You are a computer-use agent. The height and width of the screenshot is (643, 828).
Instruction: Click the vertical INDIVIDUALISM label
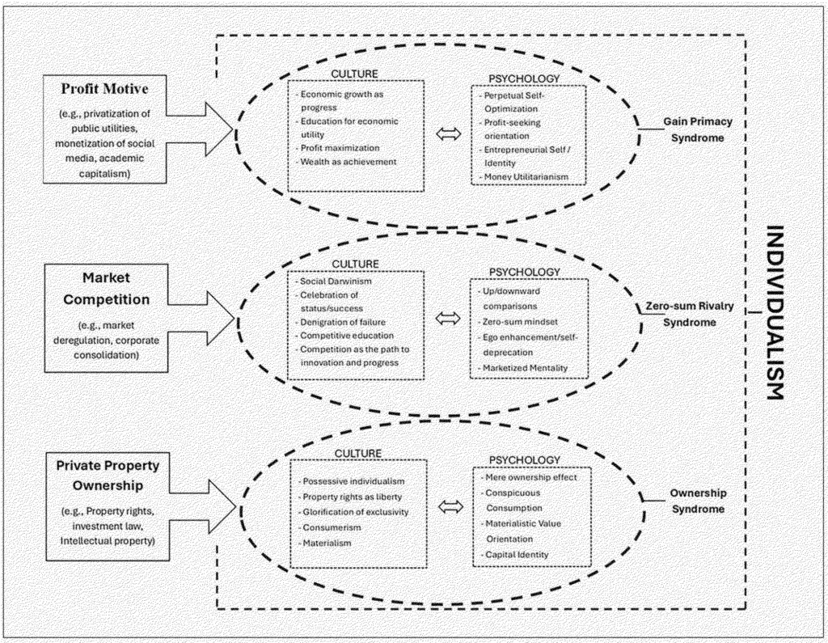click(774, 311)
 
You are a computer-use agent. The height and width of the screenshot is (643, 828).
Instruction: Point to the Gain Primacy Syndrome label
click(698, 129)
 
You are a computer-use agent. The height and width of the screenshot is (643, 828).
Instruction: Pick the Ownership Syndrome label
click(698, 501)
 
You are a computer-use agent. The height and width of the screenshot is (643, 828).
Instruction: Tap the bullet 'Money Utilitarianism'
click(526, 176)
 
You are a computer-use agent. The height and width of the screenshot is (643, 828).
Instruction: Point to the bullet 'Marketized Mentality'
click(526, 369)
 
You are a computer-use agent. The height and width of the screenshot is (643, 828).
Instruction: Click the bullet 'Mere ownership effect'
click(529, 477)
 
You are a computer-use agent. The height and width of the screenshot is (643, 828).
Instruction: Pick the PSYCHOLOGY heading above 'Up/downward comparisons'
click(524, 271)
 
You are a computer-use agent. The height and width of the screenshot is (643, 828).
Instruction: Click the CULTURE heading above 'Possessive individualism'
click(355, 454)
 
